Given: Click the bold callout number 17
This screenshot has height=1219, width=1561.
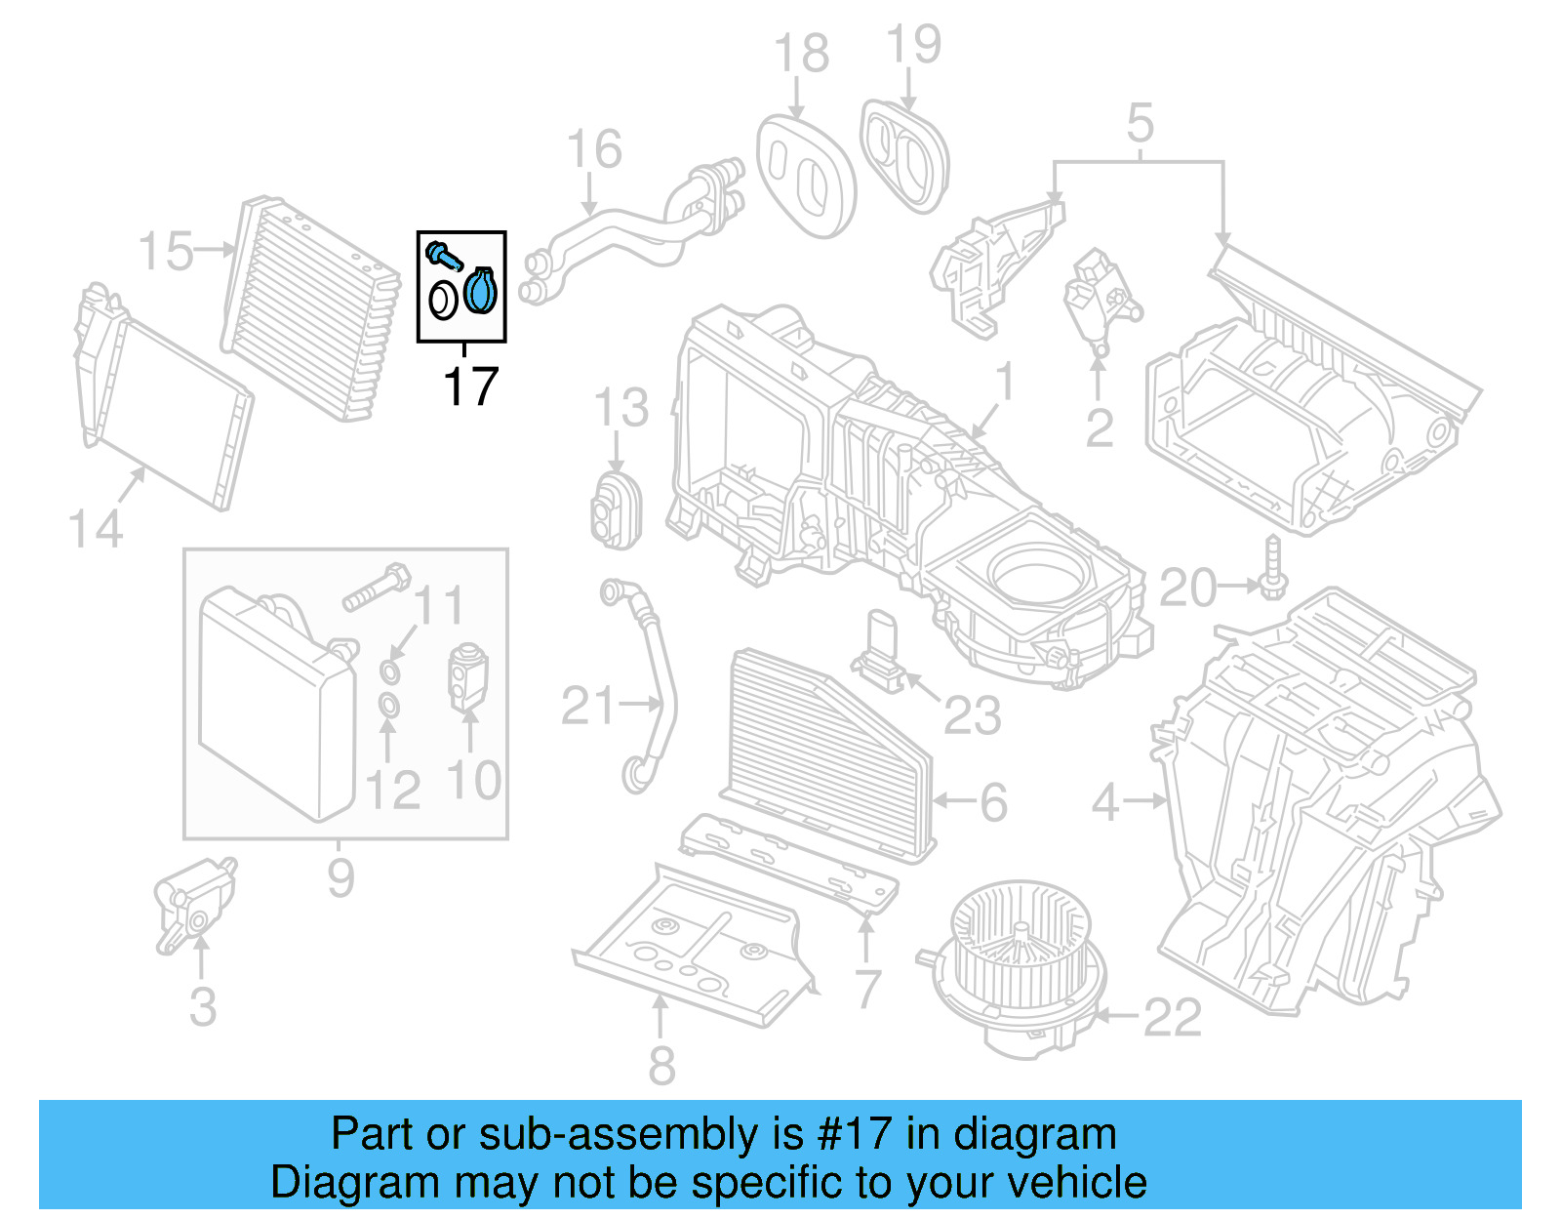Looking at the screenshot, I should [470, 386].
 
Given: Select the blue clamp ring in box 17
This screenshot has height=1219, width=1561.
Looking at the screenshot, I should [480, 291].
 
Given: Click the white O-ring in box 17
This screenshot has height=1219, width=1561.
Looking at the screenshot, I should [443, 301].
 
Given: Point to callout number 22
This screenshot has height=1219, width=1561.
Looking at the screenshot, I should [1172, 1018].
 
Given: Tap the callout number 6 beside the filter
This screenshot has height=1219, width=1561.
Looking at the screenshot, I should [993, 802].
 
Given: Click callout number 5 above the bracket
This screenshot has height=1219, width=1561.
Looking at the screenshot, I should [1140, 124].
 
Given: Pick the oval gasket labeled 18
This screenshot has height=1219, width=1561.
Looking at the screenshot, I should [805, 176].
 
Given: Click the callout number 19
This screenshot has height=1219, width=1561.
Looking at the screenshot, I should [913, 45].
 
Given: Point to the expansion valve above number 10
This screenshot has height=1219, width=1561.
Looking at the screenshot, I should [467, 675].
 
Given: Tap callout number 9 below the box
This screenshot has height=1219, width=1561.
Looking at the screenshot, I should [340, 876].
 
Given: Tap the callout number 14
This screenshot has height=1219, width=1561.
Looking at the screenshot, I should [96, 529].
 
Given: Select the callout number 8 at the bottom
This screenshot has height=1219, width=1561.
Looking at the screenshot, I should [661, 1065].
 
